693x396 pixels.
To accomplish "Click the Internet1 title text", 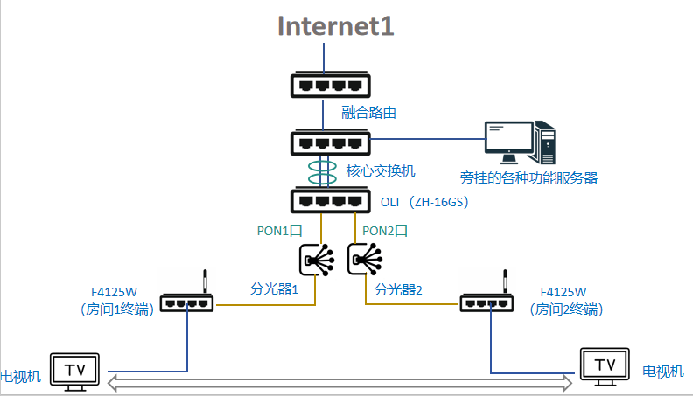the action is (x=335, y=26).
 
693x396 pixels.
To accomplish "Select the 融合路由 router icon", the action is (x=330, y=85).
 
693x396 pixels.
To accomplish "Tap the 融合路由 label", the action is (x=368, y=113).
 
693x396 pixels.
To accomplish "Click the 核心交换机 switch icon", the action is (x=330, y=142).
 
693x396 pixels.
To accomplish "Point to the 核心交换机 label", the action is (x=381, y=170).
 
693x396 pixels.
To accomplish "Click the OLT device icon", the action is (x=330, y=201).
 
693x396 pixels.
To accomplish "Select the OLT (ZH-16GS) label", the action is (x=424, y=202).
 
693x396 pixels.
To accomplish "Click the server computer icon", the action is (x=520, y=142).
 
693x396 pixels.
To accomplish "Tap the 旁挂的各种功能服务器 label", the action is (x=528, y=178).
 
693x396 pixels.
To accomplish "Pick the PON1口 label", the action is (x=279, y=231).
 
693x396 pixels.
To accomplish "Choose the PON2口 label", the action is (x=384, y=231).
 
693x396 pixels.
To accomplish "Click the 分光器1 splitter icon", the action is (x=317, y=260).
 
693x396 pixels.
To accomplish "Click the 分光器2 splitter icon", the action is (x=365, y=260).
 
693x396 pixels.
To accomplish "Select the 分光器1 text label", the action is (x=274, y=289).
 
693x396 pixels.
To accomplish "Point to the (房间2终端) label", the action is (x=566, y=309).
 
